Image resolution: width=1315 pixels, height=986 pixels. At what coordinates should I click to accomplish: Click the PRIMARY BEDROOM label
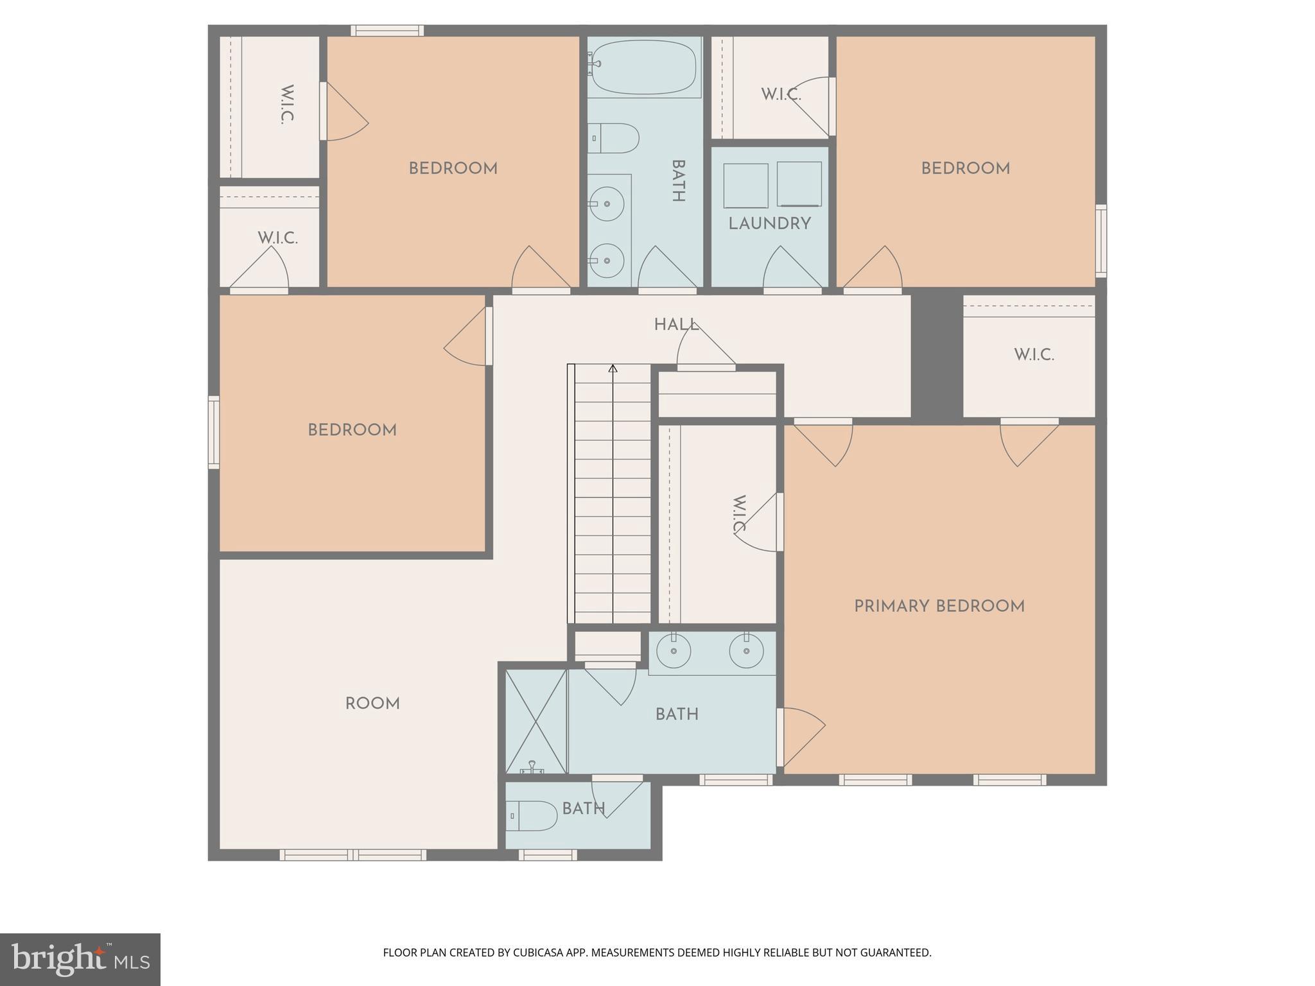939,606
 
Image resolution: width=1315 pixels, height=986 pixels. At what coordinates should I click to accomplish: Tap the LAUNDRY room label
769,223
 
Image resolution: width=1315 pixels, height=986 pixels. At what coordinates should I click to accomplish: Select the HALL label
675,325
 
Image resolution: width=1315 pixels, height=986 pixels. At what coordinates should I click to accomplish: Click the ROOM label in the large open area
372,704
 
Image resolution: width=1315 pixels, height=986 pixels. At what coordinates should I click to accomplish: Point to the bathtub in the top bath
643,67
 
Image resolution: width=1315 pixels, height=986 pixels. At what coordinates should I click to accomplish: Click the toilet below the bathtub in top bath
614,138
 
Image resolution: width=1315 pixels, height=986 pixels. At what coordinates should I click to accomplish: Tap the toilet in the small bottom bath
532,816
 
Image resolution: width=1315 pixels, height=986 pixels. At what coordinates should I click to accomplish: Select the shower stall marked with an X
536,721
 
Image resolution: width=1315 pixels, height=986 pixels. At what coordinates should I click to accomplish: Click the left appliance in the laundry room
745,185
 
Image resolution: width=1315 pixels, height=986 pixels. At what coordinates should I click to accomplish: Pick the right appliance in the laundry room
799,184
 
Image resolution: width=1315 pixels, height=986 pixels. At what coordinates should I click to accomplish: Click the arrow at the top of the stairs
613,369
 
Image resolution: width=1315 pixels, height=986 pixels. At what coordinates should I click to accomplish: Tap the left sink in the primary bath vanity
674,652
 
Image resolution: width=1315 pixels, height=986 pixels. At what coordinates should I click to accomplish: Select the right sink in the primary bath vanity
746,652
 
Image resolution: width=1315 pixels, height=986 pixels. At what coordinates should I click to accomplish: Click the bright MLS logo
80,959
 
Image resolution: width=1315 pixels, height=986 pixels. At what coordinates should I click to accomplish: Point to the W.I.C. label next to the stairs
739,514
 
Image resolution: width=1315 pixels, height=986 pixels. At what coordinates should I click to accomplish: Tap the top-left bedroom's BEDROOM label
453,169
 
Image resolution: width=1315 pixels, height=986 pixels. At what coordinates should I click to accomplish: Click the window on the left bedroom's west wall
214,432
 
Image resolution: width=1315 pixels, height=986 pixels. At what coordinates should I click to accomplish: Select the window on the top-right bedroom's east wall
1101,241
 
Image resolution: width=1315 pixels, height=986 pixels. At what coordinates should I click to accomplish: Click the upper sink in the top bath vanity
607,204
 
